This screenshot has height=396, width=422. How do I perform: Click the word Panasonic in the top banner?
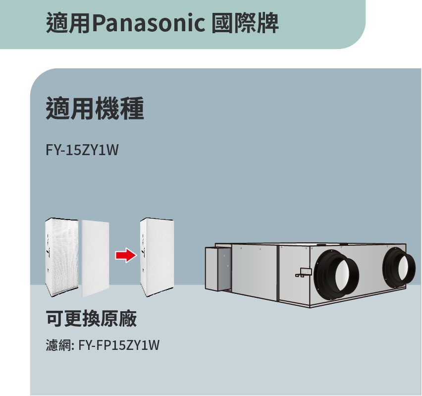[x=148, y=23]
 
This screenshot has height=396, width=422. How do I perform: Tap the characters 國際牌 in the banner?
[x=244, y=23]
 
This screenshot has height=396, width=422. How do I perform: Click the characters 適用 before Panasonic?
[x=68, y=23]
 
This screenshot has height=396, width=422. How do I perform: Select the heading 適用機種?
[x=95, y=109]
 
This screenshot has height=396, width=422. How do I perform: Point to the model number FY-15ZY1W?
[x=82, y=149]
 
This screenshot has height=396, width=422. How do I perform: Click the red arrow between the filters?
[x=125, y=256]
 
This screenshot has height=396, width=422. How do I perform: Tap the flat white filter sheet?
[x=97, y=258]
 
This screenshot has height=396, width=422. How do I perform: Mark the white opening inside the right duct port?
[x=405, y=269]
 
